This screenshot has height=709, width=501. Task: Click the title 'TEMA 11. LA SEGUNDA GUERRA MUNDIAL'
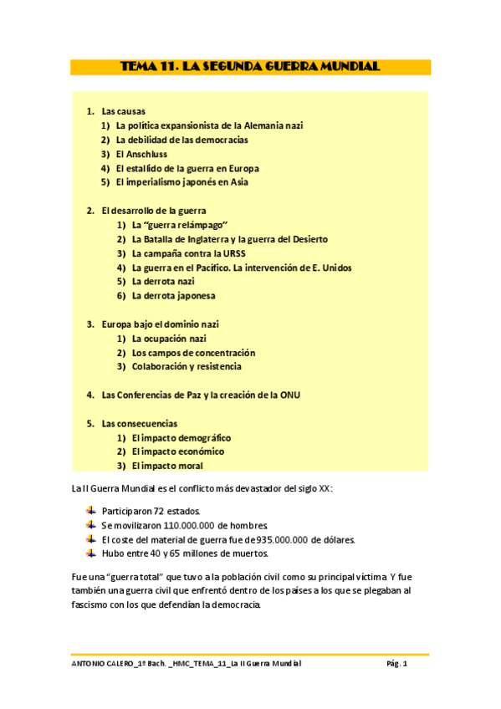(x=250, y=67)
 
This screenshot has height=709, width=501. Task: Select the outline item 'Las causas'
(x=123, y=111)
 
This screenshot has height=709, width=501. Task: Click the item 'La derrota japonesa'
(x=173, y=296)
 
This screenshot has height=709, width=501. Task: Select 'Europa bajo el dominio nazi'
(x=160, y=324)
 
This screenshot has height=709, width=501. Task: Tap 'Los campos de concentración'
(x=193, y=353)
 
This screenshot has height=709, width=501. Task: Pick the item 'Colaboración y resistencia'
(x=187, y=366)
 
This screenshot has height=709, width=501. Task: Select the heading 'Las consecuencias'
(x=139, y=424)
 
